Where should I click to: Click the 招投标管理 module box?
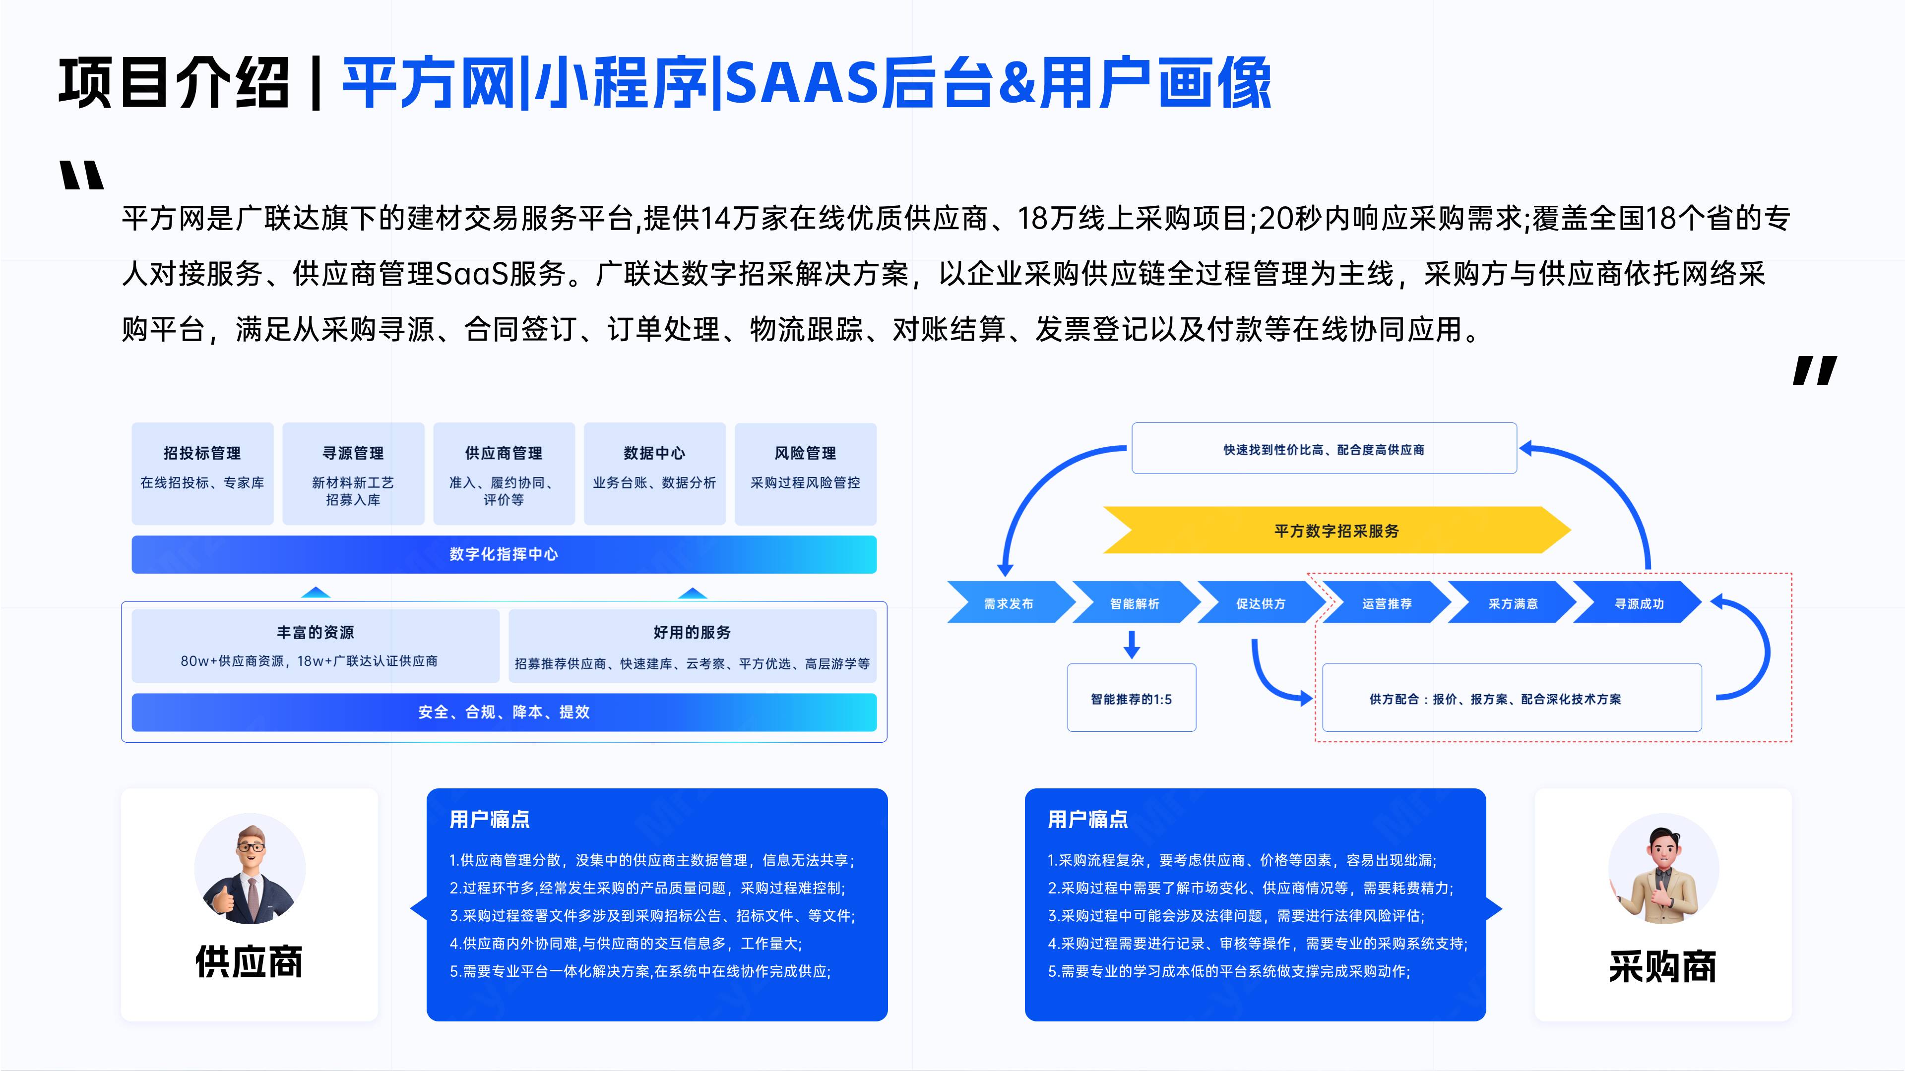coord(202,474)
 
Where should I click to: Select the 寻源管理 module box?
coord(354,474)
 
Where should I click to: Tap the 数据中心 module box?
coord(654,474)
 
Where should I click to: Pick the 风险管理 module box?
coord(805,474)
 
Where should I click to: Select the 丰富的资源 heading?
coord(316,633)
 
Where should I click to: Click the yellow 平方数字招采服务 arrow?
coord(1337,531)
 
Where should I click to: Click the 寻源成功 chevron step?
coord(1639,603)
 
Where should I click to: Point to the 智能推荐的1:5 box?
coord(1132,698)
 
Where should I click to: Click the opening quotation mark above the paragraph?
coord(82,175)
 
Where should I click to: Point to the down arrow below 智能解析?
coord(1132,643)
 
